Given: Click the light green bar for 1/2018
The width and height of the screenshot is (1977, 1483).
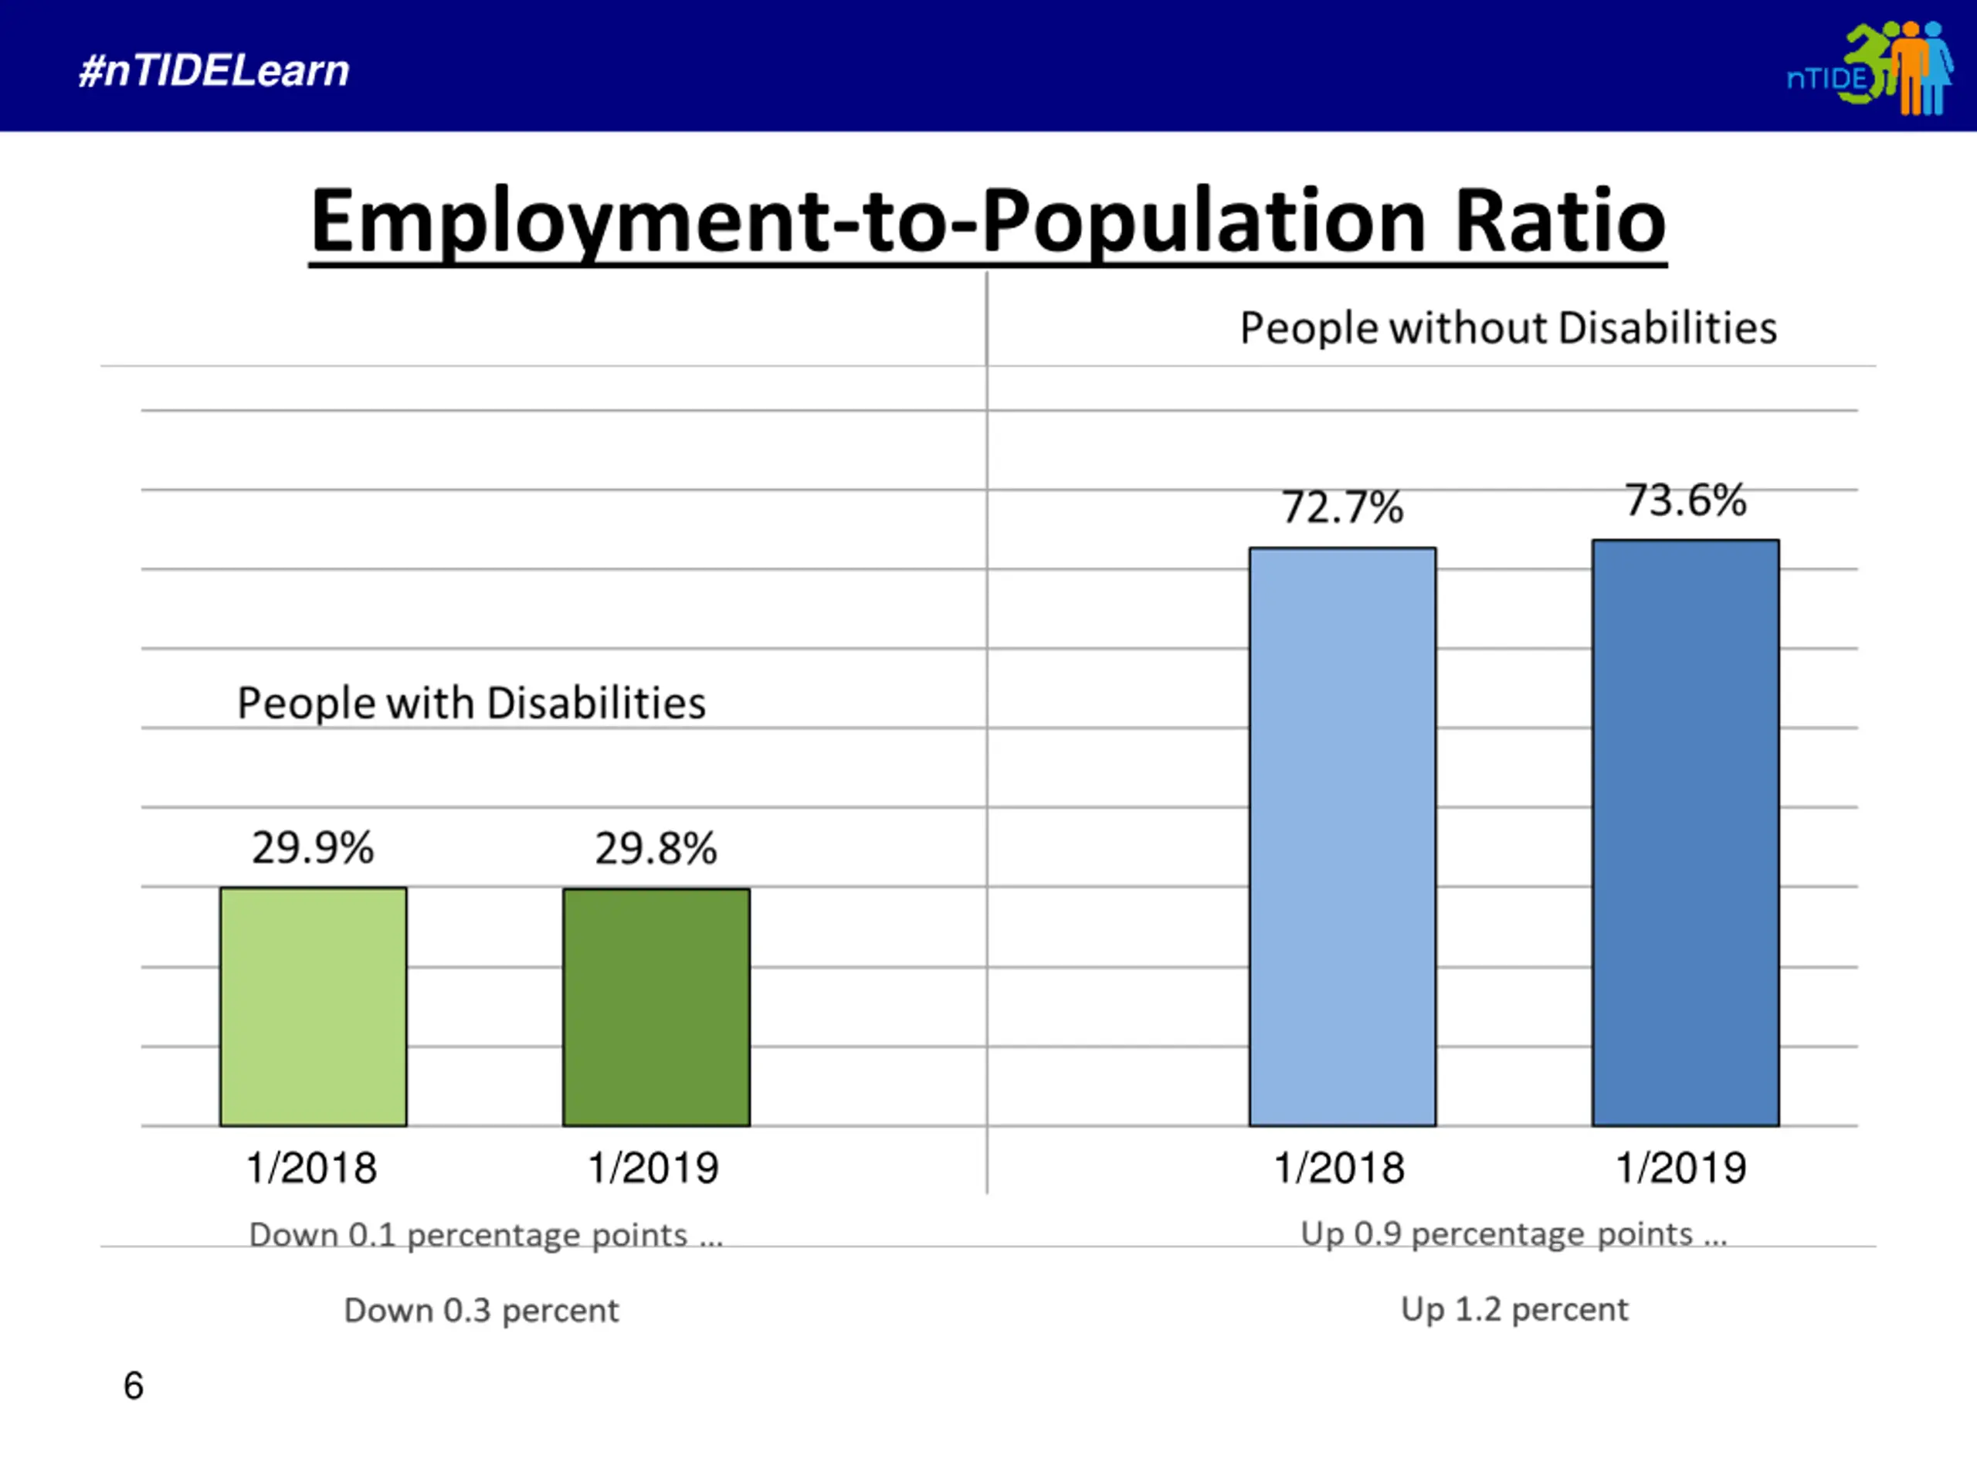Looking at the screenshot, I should pyautogui.click(x=313, y=1006).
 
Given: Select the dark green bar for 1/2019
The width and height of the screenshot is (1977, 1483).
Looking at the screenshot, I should pyautogui.click(x=656, y=1007).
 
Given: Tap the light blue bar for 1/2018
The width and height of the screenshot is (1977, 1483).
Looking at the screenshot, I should pyautogui.click(x=1342, y=837).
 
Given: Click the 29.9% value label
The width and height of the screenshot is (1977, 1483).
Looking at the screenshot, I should pyautogui.click(x=312, y=847).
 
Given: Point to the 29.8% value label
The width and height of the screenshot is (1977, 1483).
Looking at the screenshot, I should pyautogui.click(x=656, y=848).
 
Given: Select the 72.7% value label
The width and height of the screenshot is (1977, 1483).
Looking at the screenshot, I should pyautogui.click(x=1342, y=507).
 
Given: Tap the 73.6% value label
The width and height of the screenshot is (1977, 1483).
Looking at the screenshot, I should pyautogui.click(x=1685, y=500).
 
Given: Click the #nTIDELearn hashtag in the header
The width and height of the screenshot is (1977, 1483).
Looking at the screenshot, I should pyautogui.click(x=214, y=70).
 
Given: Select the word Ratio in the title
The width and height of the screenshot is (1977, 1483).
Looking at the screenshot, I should pyautogui.click(x=1560, y=221).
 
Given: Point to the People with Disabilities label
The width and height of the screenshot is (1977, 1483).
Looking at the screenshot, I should pyautogui.click(x=471, y=703).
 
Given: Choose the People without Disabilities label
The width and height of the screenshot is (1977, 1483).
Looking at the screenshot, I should pyautogui.click(x=1507, y=328).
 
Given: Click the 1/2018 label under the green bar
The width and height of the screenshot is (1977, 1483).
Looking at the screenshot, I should pyautogui.click(x=312, y=1167).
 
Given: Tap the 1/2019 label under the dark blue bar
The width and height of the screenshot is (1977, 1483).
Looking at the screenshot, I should pyautogui.click(x=1680, y=1167).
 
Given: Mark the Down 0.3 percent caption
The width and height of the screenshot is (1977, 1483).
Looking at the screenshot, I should pyautogui.click(x=481, y=1311).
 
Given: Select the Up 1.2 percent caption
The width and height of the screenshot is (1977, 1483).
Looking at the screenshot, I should pyautogui.click(x=1514, y=1309).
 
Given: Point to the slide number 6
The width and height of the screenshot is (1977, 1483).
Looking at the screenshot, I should pyautogui.click(x=133, y=1386).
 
